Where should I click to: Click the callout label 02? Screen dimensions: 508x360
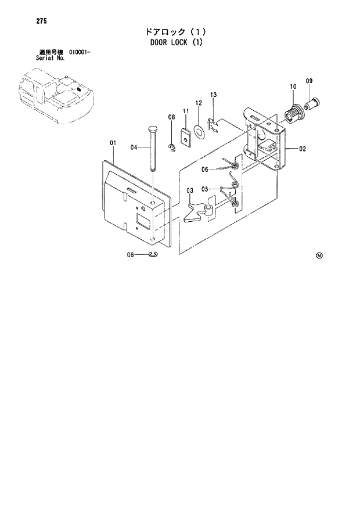(303, 149)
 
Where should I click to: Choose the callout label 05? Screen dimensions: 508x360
(205, 189)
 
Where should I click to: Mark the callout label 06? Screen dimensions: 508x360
(205, 170)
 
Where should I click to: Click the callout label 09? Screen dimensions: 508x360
(309, 80)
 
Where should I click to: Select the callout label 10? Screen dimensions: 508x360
(293, 87)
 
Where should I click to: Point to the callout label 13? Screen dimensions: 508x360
(213, 94)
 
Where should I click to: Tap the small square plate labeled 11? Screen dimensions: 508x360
(186, 138)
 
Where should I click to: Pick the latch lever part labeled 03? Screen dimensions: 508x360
(198, 212)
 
